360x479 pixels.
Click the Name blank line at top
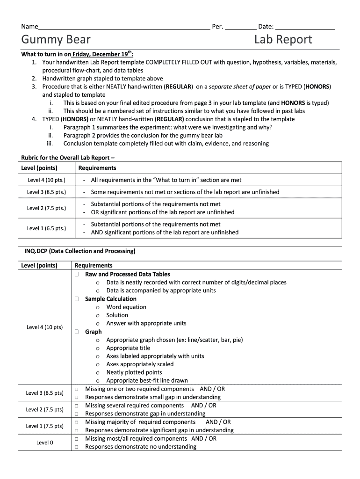click(124, 27)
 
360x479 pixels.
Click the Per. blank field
click(240, 27)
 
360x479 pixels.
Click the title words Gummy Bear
click(56, 40)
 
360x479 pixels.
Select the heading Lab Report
click(283, 40)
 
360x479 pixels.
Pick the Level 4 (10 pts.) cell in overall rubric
click(46, 180)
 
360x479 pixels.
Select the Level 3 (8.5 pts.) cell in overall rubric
click(46, 192)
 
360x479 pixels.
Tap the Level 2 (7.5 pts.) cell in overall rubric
click(46, 208)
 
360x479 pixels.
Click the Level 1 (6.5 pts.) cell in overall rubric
click(46, 228)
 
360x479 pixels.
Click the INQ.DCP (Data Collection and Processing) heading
click(79, 251)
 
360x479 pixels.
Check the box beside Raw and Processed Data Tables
click(76, 274)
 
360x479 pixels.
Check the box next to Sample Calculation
click(76, 299)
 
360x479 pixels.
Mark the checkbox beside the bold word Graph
click(76, 332)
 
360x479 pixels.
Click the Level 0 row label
click(45, 443)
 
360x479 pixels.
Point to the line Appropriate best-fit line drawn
click(147, 381)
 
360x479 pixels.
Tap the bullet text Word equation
click(126, 307)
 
